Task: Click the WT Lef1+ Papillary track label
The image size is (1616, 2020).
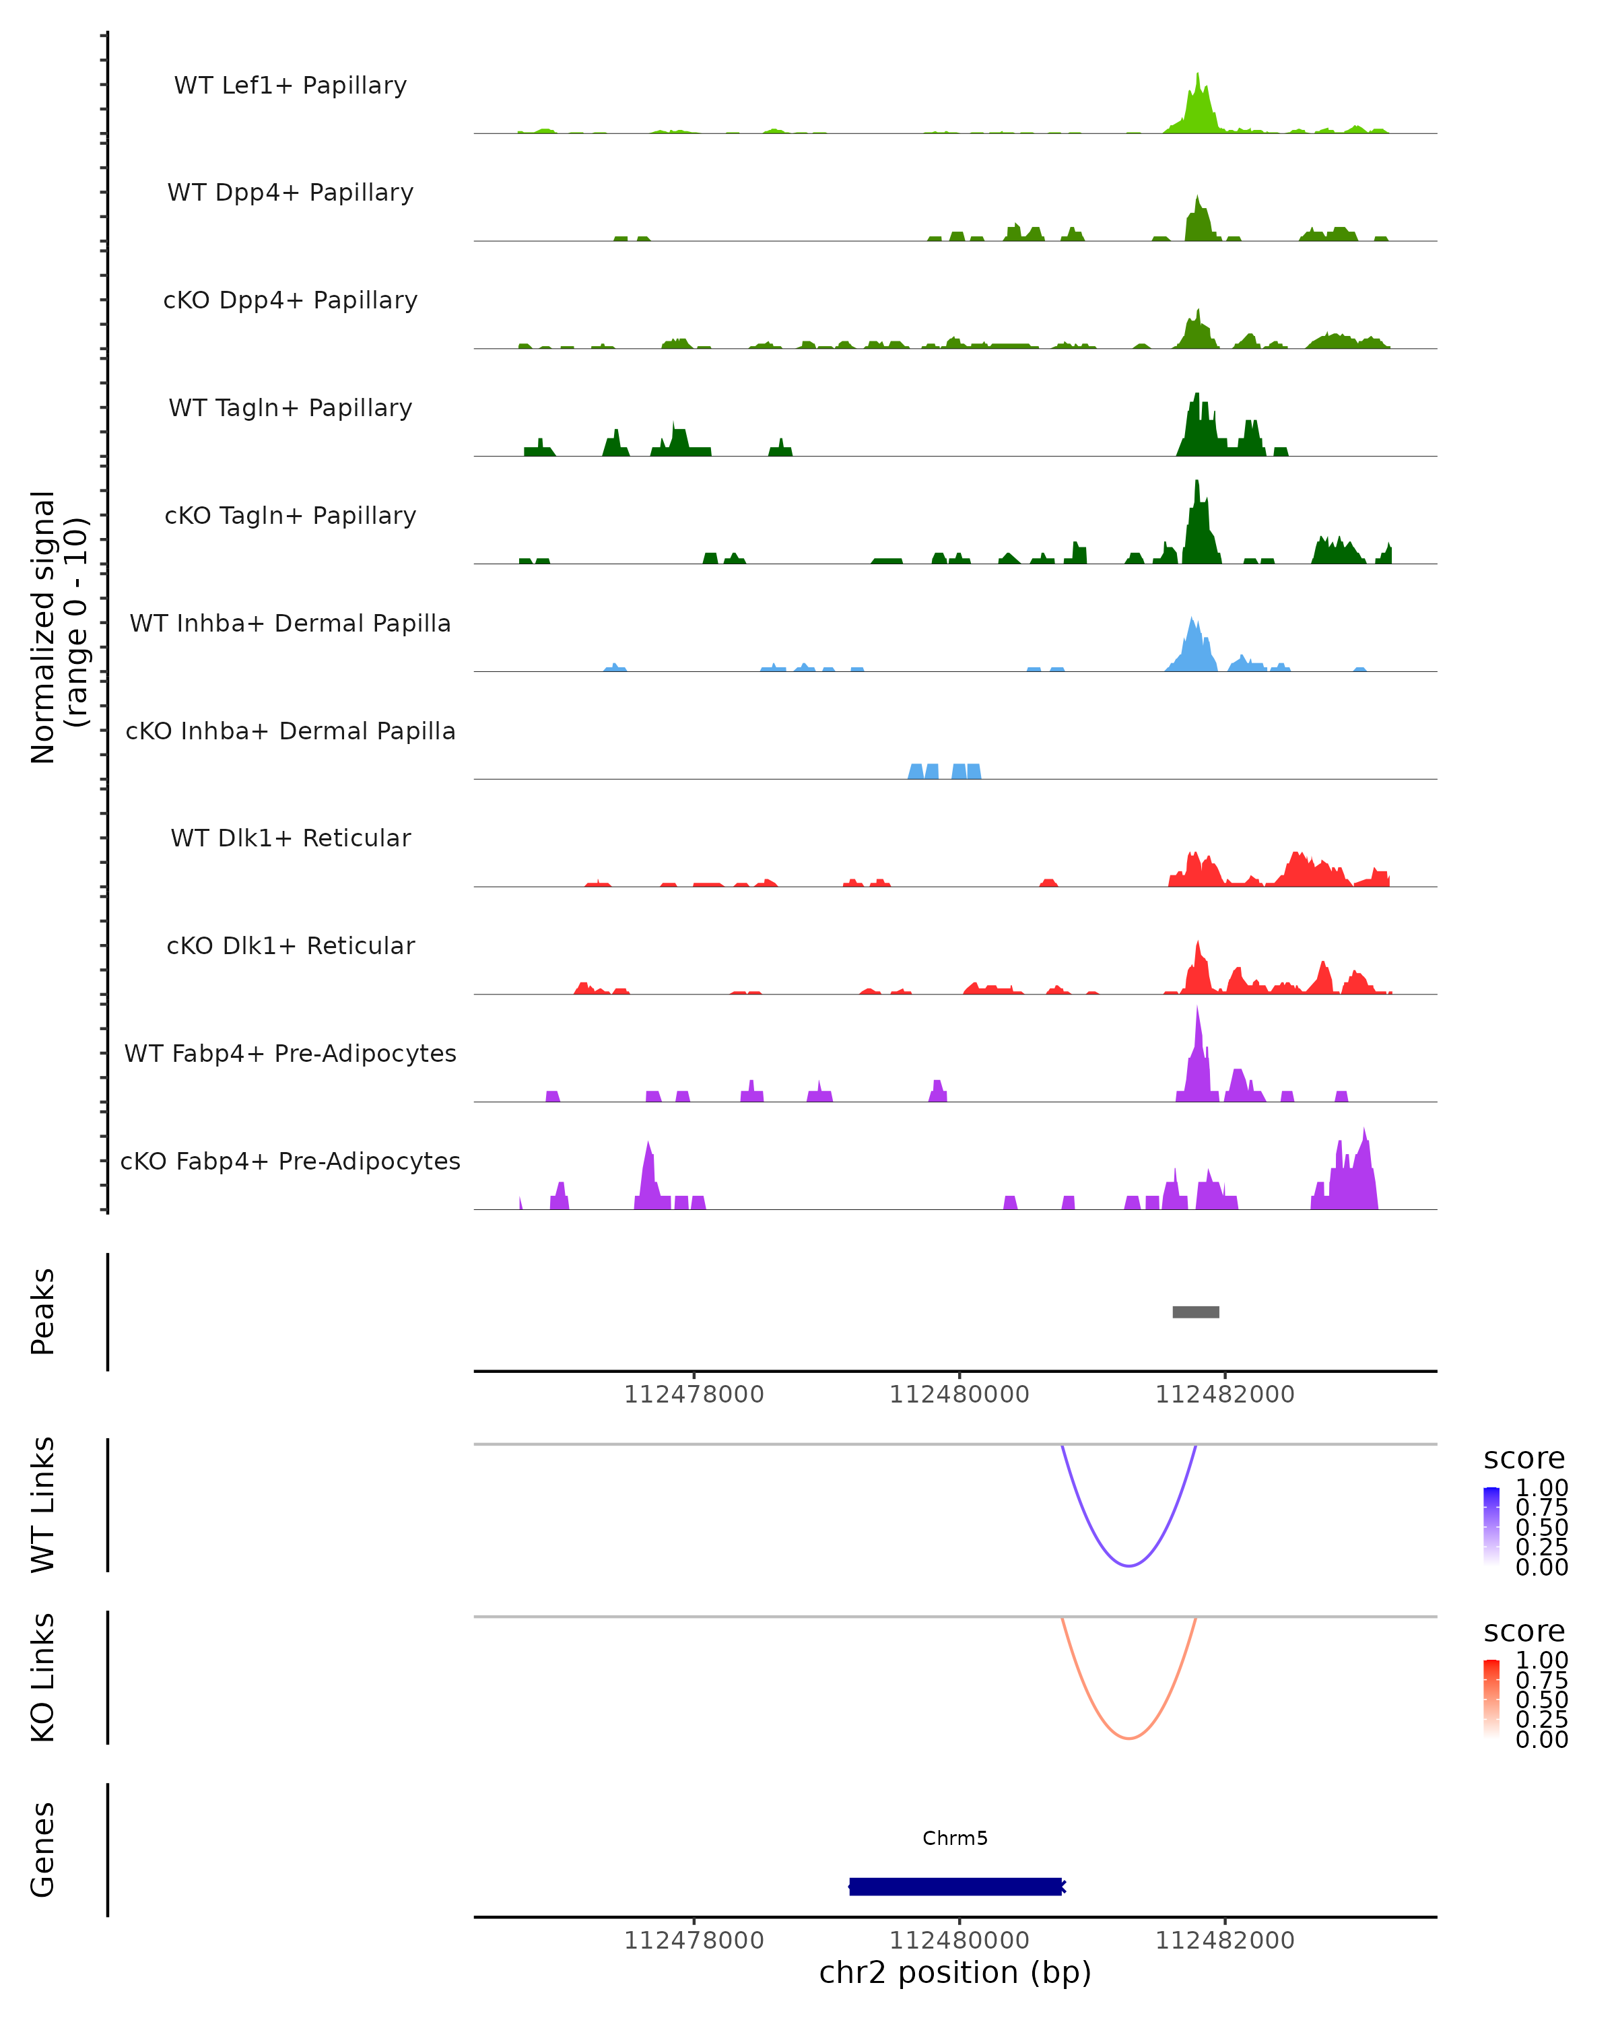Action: (290, 86)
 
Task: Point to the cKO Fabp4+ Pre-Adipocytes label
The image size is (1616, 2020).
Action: (290, 1161)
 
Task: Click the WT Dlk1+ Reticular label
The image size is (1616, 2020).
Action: (290, 838)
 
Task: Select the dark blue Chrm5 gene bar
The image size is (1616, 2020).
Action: (955, 1886)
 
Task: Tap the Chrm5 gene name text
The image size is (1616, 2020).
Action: (955, 1838)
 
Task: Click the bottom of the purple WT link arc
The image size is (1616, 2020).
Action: (1129, 1565)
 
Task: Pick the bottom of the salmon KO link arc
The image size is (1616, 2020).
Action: (1129, 1738)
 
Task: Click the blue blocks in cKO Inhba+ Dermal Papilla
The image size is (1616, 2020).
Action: (944, 771)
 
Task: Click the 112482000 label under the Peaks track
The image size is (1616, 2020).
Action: (1224, 1394)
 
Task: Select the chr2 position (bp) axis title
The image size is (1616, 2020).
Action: (955, 1972)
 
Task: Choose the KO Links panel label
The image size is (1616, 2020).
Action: (43, 1677)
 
